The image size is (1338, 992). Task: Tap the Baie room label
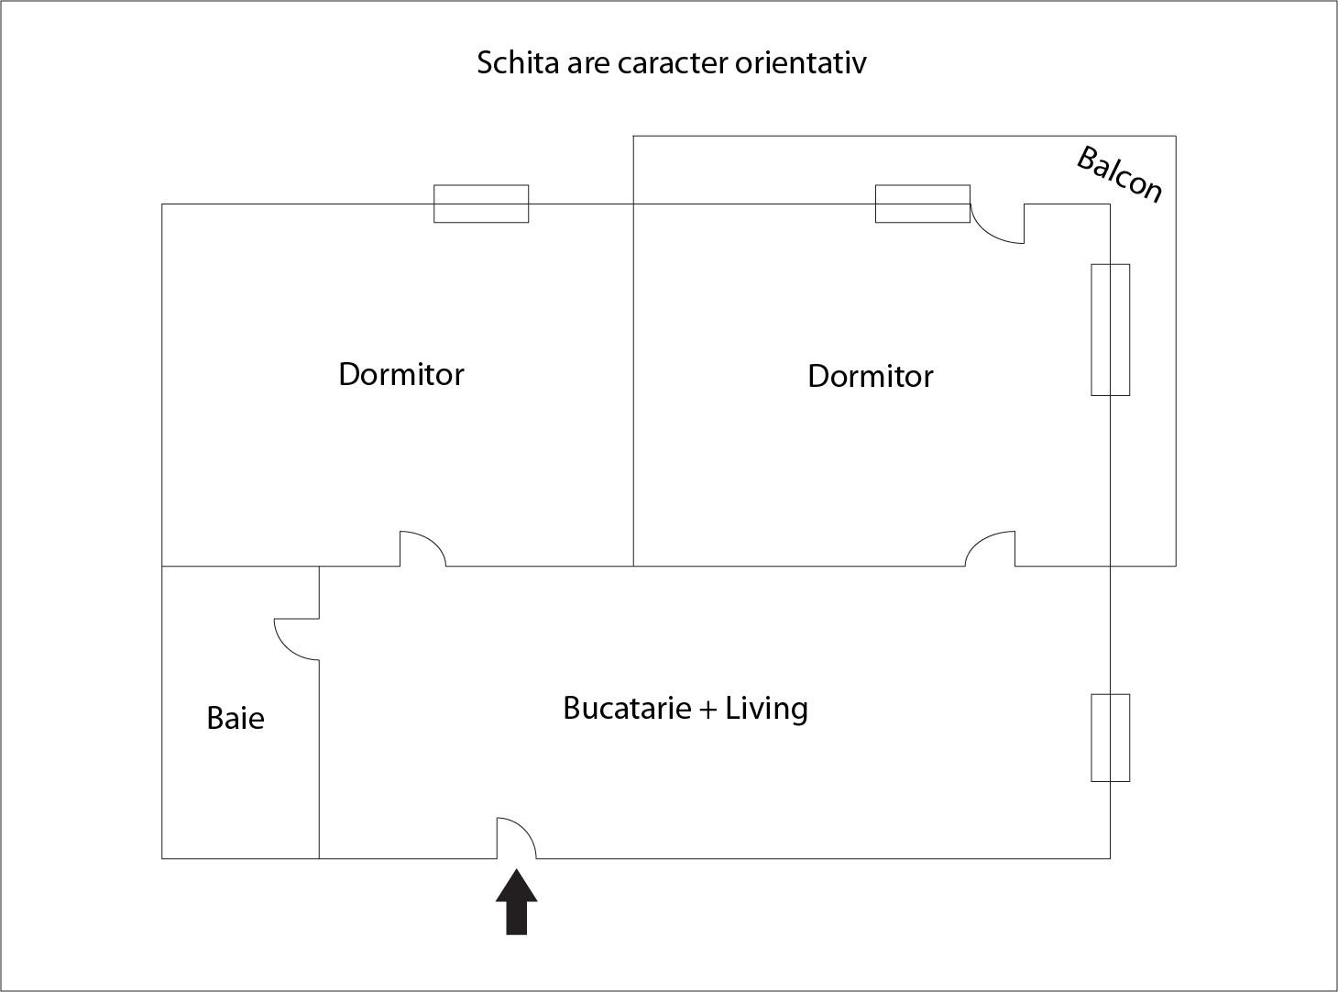[236, 718]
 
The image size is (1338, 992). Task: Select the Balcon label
[1120, 174]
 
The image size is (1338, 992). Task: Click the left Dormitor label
[401, 374]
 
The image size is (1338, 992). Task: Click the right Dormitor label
[871, 376]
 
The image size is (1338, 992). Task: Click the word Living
[766, 709]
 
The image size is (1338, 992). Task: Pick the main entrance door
[516, 838]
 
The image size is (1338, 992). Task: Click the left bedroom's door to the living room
[422, 549]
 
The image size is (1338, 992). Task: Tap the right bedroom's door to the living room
[991, 549]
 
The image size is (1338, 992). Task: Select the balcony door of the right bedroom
[998, 223]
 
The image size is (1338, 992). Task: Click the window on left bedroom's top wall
[481, 204]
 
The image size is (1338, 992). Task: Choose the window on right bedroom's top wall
[923, 204]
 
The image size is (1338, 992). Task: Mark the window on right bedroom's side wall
[1110, 330]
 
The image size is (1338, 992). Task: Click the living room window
[1110, 738]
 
